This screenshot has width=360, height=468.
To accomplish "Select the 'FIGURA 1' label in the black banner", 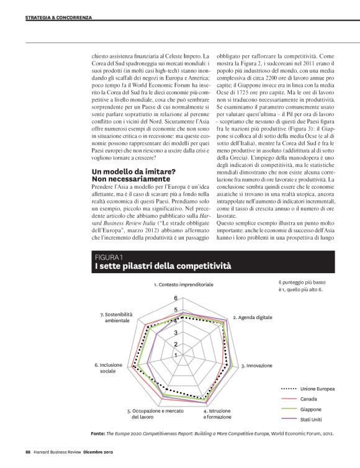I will coord(109,256).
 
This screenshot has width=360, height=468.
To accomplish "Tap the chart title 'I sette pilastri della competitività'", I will coord(163,266).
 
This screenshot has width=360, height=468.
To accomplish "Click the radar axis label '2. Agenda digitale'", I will coord(252,317).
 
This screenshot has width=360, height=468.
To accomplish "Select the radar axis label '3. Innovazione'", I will coord(256,366).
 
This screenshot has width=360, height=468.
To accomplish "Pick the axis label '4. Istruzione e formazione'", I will coord(220,414).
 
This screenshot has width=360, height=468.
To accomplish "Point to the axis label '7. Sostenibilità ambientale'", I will coord(117,317).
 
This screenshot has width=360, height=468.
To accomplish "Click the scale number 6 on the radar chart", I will coord(176,299).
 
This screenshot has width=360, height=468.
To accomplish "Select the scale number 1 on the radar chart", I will coord(176,355).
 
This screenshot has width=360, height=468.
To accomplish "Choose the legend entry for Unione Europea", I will coord(317,389).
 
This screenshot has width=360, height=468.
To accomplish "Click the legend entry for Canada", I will coord(308,398).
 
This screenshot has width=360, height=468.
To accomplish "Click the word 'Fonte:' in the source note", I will coord(97,434).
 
